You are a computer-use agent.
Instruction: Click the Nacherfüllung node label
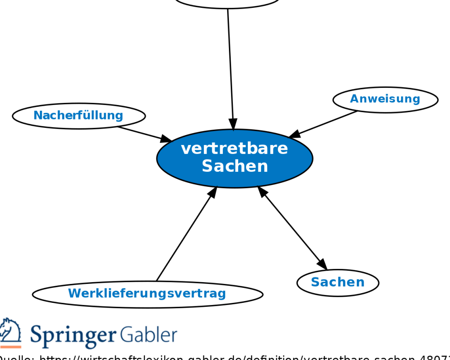click(x=78, y=116)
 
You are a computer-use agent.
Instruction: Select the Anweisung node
click(x=385, y=99)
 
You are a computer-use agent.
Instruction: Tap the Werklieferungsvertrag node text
click(x=147, y=293)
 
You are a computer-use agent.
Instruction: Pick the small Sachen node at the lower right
click(x=337, y=282)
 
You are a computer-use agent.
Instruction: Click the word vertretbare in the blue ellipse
click(x=234, y=149)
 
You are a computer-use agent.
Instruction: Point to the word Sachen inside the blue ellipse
click(x=235, y=167)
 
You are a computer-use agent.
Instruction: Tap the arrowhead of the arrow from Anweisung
click(x=295, y=134)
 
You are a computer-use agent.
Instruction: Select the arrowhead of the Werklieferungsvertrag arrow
click(x=213, y=192)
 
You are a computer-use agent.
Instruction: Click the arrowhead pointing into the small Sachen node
click(x=322, y=264)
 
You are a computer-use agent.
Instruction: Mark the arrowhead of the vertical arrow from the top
click(x=233, y=124)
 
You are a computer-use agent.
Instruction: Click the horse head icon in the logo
click(x=10, y=330)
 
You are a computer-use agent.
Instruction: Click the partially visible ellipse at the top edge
click(x=227, y=4)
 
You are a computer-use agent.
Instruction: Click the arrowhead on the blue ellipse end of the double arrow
click(x=263, y=192)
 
